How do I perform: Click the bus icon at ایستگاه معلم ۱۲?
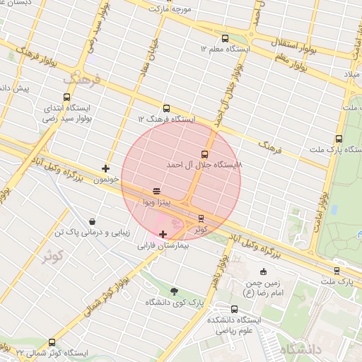click(x=225, y=39)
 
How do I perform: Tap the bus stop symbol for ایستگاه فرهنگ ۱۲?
click(x=166, y=108)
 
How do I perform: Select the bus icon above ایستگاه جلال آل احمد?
click(x=205, y=153)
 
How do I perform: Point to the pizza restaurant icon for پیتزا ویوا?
click(x=156, y=191)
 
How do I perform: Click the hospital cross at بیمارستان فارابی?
click(x=163, y=234)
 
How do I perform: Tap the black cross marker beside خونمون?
click(x=106, y=168)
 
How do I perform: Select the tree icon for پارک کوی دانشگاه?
click(x=175, y=291)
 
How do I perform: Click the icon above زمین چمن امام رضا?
click(x=264, y=271)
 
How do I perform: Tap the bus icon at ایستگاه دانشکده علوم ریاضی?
click(x=234, y=309)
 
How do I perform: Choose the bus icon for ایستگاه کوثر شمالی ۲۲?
click(x=52, y=341)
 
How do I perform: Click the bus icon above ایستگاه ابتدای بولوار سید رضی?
click(x=67, y=97)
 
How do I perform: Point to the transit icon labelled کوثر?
click(x=202, y=218)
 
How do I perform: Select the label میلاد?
click(x=352, y=74)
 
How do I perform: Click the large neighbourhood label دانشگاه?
click(x=300, y=350)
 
